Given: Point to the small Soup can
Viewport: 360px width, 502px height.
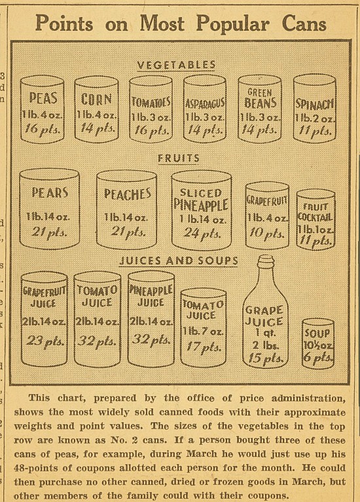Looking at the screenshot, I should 317,344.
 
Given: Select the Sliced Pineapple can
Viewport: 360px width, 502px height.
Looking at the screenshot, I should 202,209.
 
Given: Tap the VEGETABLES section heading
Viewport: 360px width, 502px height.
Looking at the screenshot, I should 176,65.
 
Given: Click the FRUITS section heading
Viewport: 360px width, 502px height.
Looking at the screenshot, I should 178,158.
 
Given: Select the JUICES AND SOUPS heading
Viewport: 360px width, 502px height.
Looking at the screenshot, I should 178,260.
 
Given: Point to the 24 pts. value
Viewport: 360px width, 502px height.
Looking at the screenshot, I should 202,232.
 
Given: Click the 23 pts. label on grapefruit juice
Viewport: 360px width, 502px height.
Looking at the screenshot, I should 44,341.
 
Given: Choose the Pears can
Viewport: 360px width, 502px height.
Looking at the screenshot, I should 50,209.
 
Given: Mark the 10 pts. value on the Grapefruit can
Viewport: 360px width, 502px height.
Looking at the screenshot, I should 267,234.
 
